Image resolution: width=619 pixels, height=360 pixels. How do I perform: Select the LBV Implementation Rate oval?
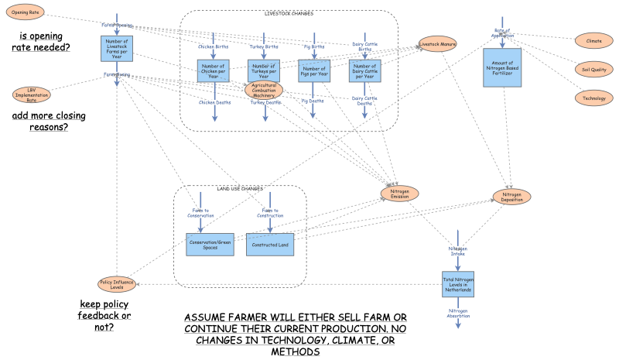pyautogui.click(x=31, y=95)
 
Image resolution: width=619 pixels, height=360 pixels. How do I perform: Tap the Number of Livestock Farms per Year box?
pyautogui.click(x=117, y=48)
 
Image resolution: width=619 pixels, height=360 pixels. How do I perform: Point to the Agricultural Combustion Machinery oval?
pyautogui.click(x=265, y=90)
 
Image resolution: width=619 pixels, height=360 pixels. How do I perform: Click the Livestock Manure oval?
pyautogui.click(x=438, y=45)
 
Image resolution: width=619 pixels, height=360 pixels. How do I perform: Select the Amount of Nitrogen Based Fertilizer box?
pyautogui.click(x=502, y=66)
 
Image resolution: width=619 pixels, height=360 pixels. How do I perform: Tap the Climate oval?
pyautogui.click(x=593, y=40)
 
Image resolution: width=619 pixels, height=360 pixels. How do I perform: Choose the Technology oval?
pyautogui.click(x=593, y=98)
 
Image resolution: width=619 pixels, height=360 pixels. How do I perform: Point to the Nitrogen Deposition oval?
pyautogui.click(x=512, y=197)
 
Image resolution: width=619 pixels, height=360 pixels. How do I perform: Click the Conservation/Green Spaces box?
pyautogui.click(x=210, y=245)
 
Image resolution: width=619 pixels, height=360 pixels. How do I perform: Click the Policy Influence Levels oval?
pyautogui.click(x=117, y=284)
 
